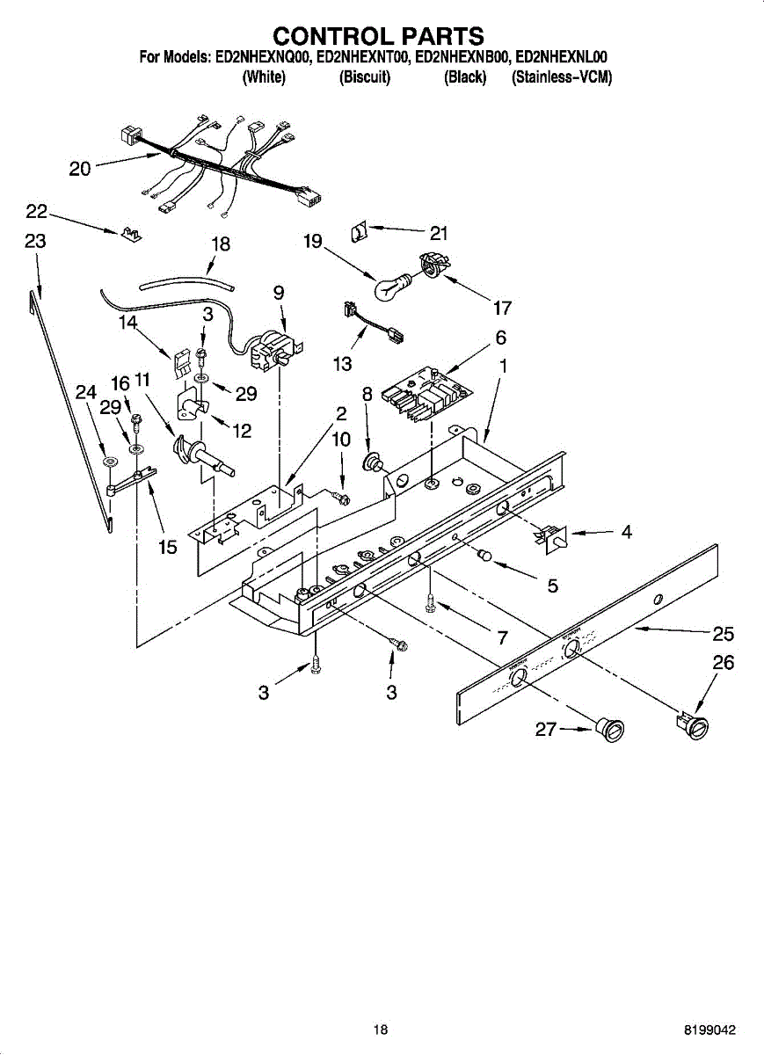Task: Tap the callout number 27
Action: tap(545, 729)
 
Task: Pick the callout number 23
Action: tap(34, 242)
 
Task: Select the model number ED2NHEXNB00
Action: tap(462, 58)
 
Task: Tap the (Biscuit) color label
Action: tap(365, 77)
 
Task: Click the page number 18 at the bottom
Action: tap(380, 1030)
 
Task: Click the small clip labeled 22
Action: tap(132, 235)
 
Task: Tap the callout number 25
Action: tap(724, 634)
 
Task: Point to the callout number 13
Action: tap(342, 363)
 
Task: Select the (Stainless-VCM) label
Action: tap(561, 77)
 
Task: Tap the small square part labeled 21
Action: tap(358, 233)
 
